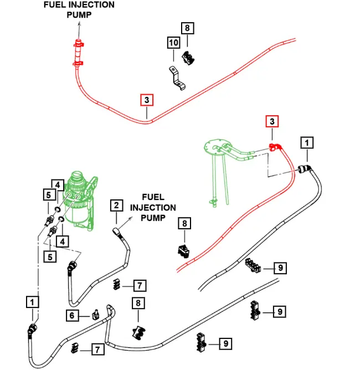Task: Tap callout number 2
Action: coord(116,206)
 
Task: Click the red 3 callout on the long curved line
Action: coord(146,99)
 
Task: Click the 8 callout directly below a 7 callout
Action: coord(138,303)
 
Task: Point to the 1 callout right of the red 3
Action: coord(307,142)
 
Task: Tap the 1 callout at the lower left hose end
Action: coord(32,302)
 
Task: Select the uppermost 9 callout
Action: coord(282,267)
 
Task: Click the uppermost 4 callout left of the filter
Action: coord(59,185)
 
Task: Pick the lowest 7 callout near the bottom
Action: coord(98,350)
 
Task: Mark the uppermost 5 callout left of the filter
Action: coord(46,194)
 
